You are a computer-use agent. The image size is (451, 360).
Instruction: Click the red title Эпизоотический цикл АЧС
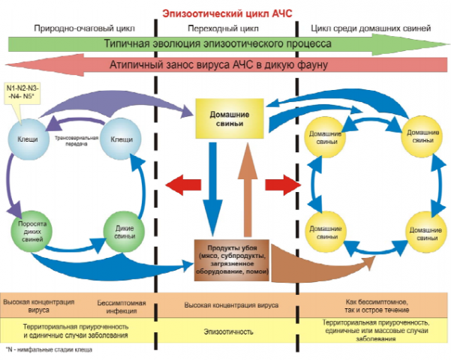click(x=224, y=12)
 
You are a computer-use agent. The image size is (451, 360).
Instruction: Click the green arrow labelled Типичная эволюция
click(x=225, y=44)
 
